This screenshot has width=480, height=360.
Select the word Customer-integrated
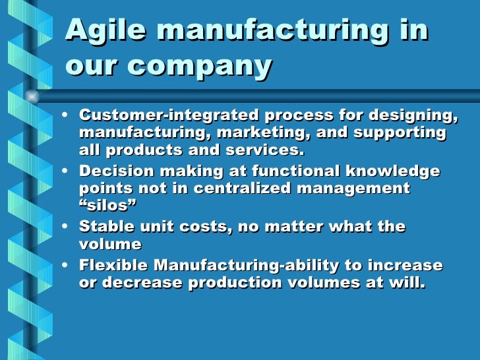pyautogui.click(x=168, y=115)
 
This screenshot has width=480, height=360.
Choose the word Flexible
pyautogui.click(x=113, y=266)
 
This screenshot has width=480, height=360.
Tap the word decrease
pyautogui.click(x=143, y=284)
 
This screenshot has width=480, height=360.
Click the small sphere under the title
pyautogui.click(x=31, y=97)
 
